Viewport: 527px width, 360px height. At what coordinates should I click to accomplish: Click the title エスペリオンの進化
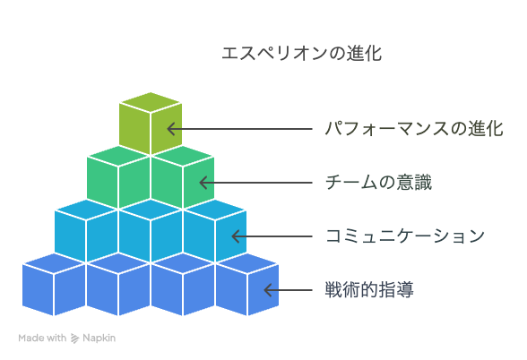pos(301,54)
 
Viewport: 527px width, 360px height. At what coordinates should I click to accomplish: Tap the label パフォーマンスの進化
pos(414,129)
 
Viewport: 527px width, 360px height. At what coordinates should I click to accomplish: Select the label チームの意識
pos(378,183)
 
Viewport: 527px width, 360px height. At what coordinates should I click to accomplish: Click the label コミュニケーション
pos(405,236)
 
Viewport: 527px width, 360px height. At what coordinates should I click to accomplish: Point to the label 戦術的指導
pos(369,290)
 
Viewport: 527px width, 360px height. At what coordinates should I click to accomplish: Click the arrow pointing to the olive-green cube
pos(240,129)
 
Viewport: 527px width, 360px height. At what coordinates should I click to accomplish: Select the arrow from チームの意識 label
pos(256,183)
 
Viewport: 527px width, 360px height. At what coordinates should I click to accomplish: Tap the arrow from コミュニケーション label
pos(272,236)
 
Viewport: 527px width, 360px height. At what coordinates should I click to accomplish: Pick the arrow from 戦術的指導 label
pos(289,290)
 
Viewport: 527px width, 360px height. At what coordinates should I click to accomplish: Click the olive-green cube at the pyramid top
pos(151,124)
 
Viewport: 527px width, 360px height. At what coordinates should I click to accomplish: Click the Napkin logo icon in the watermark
pos(74,339)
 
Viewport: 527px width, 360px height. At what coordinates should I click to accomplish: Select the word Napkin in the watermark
pos(99,338)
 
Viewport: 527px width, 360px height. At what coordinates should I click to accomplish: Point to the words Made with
pos(42,338)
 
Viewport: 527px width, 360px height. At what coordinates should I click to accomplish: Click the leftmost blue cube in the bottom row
pos(54,285)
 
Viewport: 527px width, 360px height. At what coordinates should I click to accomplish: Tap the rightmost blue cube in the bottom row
pos(247,285)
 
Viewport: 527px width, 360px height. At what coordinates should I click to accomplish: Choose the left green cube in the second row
pos(118,177)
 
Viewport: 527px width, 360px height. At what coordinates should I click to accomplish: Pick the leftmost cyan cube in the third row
pos(86,231)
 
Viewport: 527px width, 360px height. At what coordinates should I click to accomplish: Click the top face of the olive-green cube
pos(151,102)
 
